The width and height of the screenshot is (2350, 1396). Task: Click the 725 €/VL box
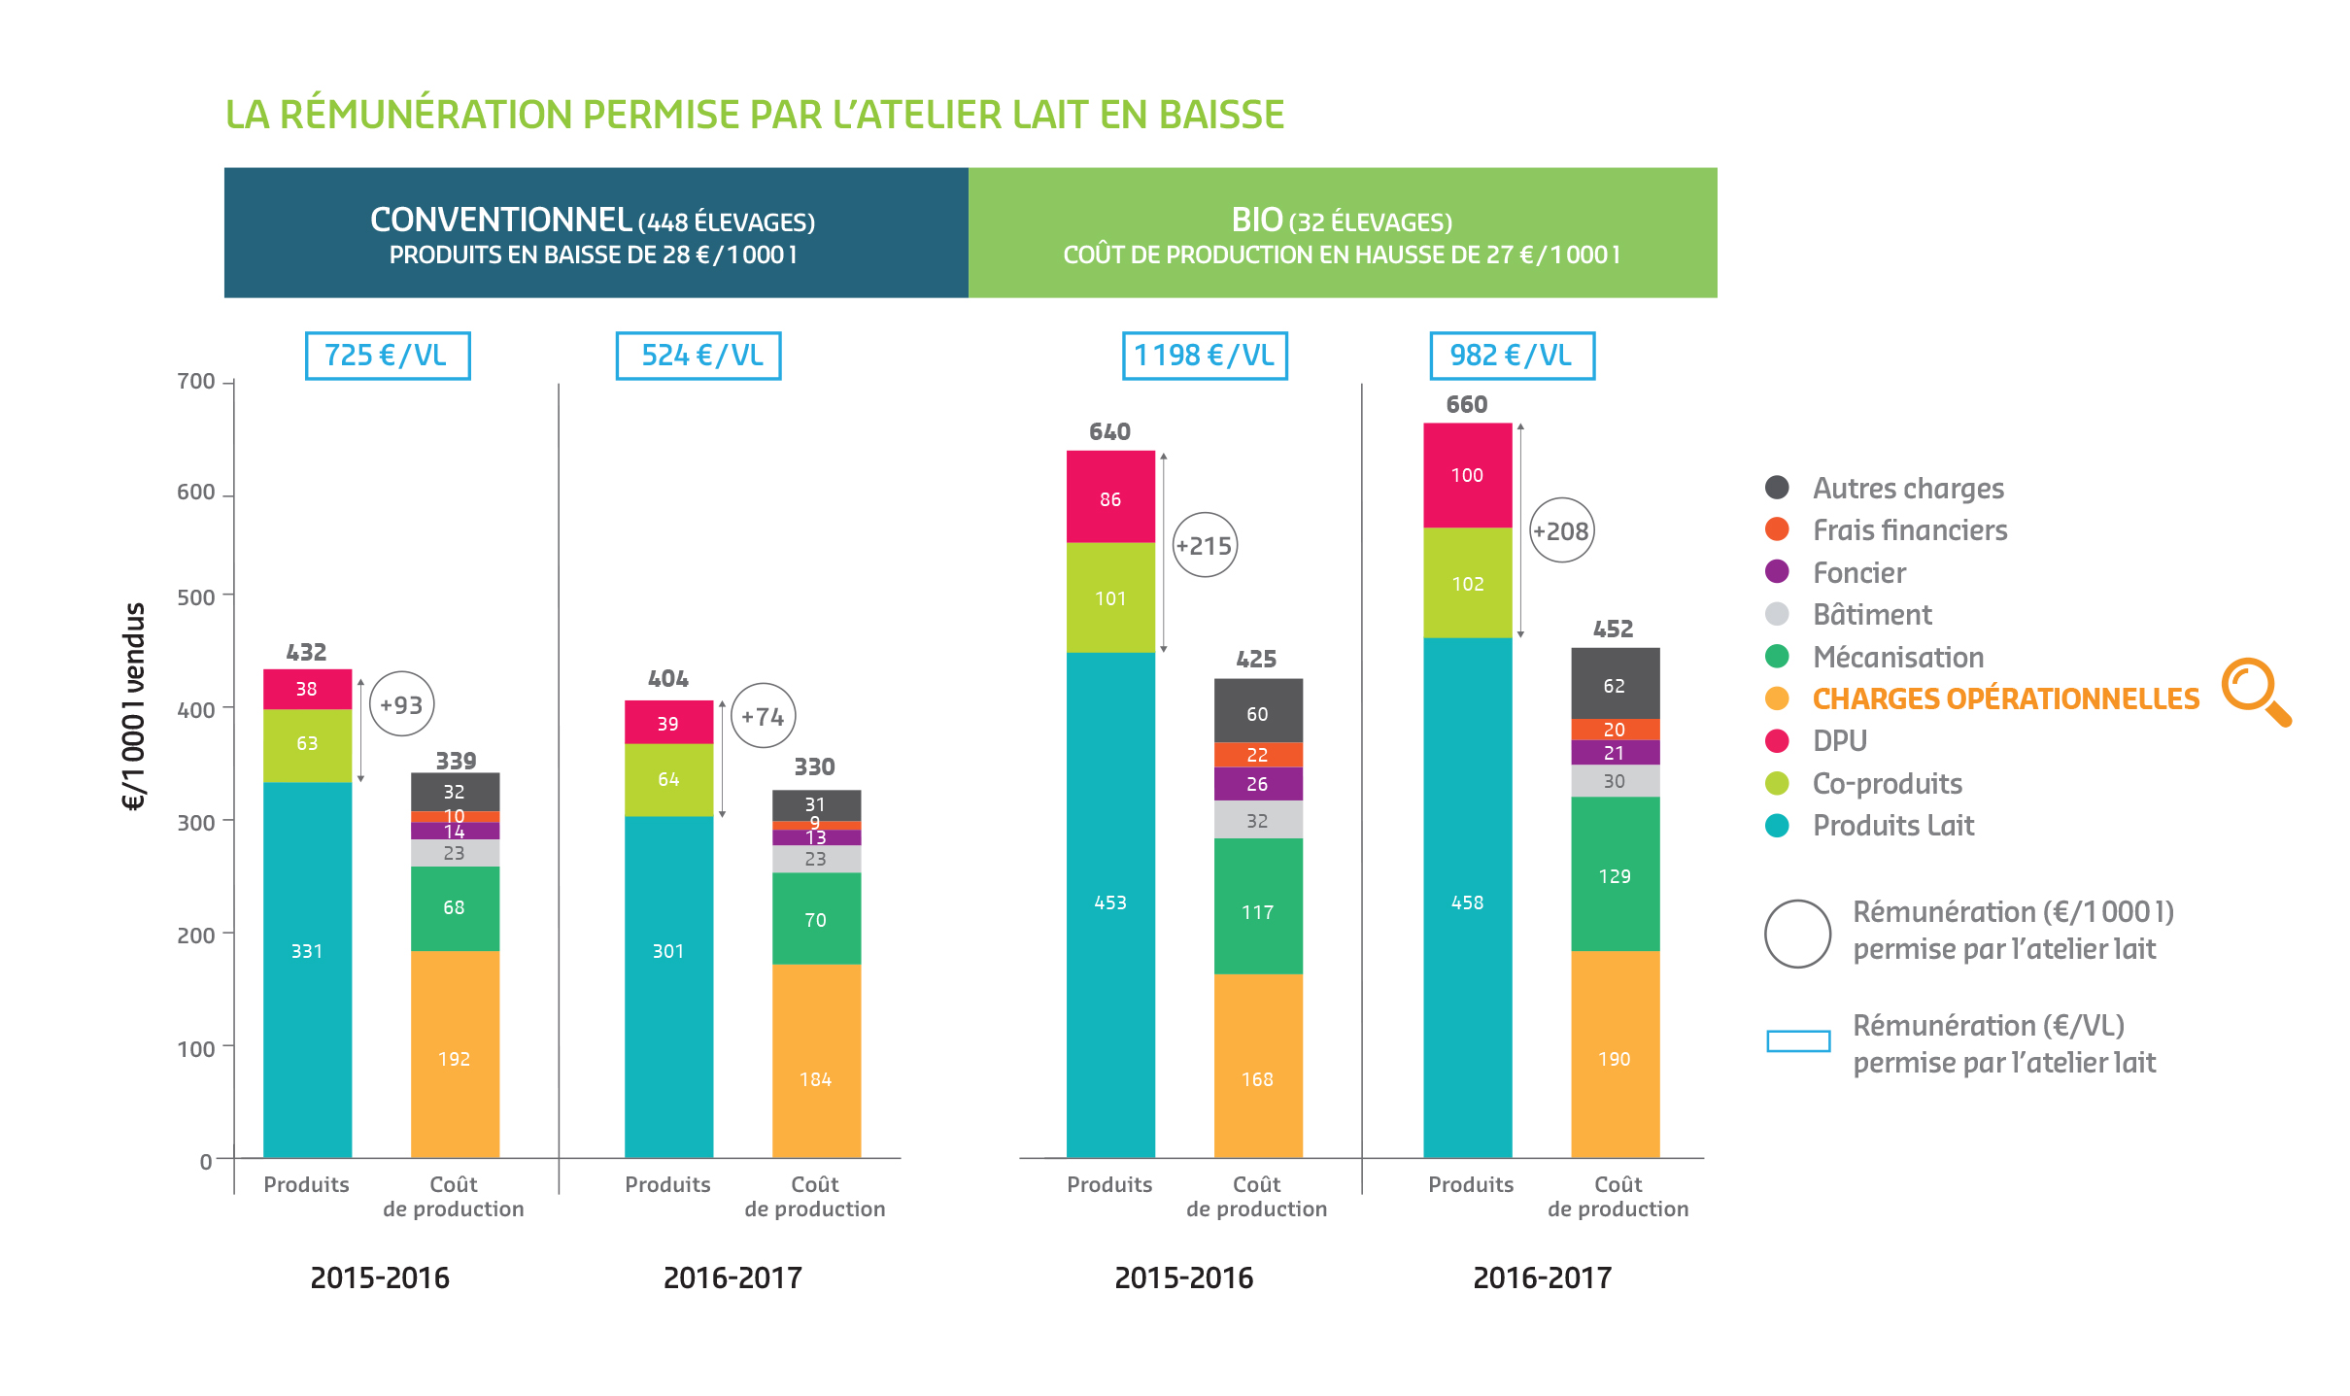point(388,356)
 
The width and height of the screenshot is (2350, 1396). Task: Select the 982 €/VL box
point(1512,356)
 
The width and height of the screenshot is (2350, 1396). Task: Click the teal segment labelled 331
point(307,970)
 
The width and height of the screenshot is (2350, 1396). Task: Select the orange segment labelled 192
point(455,1054)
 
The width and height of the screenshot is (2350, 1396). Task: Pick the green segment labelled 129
point(1615,874)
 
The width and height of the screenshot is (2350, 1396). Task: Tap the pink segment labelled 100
point(1467,475)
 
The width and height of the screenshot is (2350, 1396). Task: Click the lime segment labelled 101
point(1110,597)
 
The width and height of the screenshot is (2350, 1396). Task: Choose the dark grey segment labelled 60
point(1258,711)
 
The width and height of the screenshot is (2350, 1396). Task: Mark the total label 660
point(1467,404)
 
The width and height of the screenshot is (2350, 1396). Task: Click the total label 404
point(668,678)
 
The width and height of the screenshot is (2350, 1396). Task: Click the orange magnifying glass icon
point(2257,692)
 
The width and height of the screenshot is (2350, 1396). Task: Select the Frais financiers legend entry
point(1886,529)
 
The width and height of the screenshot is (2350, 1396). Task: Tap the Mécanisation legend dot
point(1777,657)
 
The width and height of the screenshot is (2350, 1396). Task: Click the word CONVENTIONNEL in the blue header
point(501,221)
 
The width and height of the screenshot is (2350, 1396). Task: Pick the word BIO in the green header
point(1257,221)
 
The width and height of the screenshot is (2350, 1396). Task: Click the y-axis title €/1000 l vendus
point(133,706)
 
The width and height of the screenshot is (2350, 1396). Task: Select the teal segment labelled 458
point(1467,898)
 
